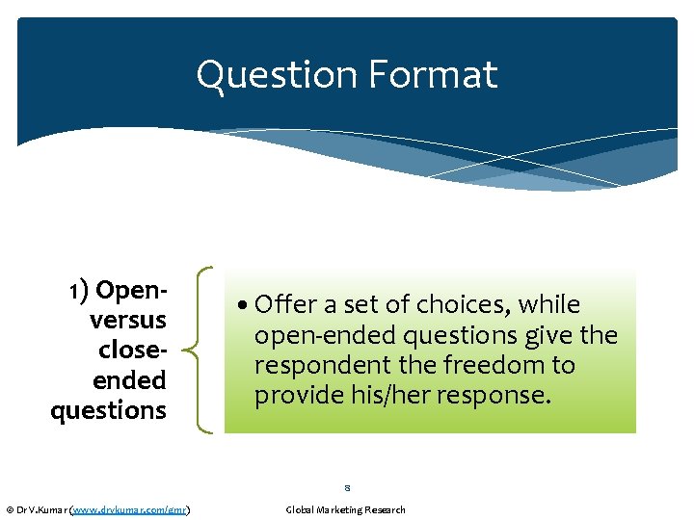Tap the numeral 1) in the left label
tap(79, 290)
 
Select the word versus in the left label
tap(127, 320)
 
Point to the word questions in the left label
tap(108, 410)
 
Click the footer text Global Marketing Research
tap(346, 509)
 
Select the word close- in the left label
tap(132, 350)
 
